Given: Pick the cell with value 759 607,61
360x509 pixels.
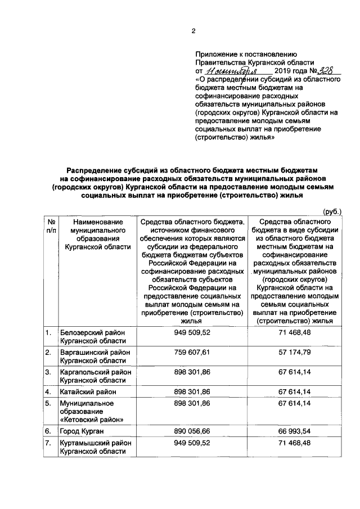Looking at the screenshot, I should coord(192,352).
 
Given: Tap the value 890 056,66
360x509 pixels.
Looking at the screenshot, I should coord(192,431).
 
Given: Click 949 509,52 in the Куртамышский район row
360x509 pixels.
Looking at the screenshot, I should coord(192,443).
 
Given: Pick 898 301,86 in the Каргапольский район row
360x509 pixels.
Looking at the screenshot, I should coord(192,372).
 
